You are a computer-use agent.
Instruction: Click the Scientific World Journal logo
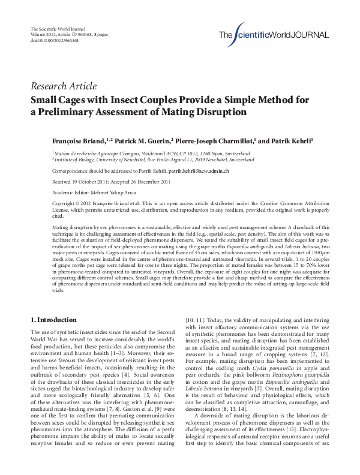tap(273, 34)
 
